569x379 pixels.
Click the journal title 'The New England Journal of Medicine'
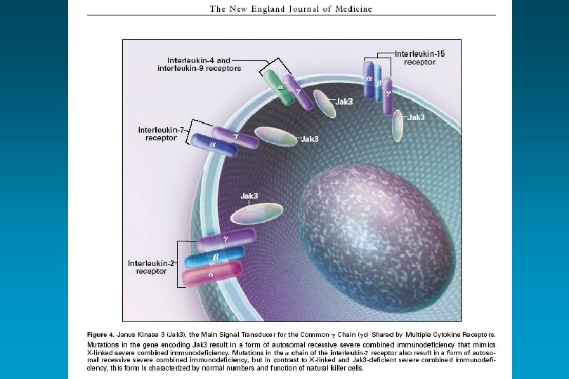point(291,9)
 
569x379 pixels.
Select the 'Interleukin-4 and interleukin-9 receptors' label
point(199,64)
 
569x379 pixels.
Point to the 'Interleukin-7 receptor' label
point(161,133)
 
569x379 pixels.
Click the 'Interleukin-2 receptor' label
point(148,267)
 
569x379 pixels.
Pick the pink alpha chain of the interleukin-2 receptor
point(213,274)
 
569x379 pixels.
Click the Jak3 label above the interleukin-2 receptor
point(249,195)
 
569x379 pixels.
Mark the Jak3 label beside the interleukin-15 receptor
point(416,117)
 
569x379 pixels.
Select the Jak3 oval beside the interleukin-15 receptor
point(397,126)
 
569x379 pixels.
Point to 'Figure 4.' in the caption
point(100,334)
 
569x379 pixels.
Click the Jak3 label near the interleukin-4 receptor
point(344,102)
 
